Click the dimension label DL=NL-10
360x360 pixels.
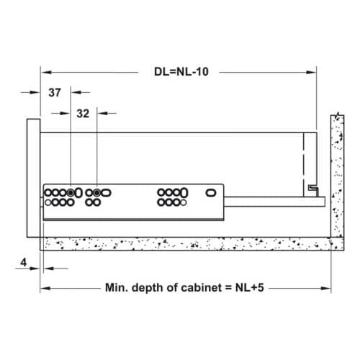tap(179, 73)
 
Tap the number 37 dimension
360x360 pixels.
tap(55, 93)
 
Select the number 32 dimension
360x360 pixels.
tap(83, 113)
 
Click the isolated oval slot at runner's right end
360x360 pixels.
tap(211, 193)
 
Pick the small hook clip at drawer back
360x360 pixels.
tap(312, 189)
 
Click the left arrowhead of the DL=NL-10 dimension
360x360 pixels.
tap(45, 73)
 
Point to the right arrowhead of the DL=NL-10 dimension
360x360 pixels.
tap(313, 73)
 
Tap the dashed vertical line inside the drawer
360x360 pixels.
tap(304, 162)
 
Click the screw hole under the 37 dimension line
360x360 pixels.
tap(71, 193)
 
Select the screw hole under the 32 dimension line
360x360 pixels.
tap(96, 193)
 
